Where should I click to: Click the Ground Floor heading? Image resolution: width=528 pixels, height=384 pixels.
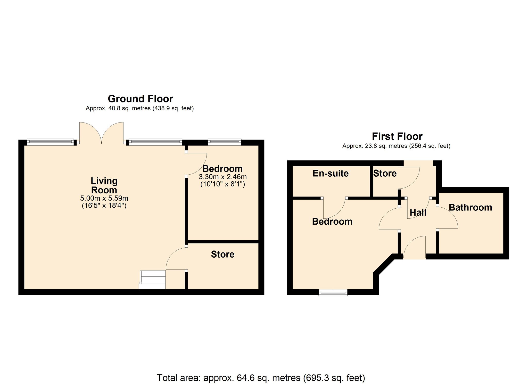[140, 99]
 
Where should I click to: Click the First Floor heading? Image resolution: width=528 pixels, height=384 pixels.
[397, 136]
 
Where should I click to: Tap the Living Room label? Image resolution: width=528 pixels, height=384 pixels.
[104, 185]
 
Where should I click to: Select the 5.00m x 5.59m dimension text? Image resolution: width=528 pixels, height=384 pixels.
[104, 198]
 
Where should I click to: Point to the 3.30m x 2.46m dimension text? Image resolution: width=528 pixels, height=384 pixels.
[223, 177]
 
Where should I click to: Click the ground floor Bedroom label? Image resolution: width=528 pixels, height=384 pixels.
[222, 169]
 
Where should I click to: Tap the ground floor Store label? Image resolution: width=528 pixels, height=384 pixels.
[223, 254]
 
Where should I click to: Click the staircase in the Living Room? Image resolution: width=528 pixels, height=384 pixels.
[152, 280]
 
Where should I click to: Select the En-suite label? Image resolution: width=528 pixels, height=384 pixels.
[331, 173]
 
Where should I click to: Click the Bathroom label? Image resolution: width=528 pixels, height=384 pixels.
[471, 207]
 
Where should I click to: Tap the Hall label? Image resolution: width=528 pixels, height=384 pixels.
[418, 213]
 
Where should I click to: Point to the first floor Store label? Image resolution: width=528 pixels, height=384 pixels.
[385, 173]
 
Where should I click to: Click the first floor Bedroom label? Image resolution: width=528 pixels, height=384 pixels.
[332, 222]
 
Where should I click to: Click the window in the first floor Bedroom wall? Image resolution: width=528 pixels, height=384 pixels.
[333, 292]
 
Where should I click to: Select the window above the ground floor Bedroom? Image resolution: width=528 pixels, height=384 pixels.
[225, 142]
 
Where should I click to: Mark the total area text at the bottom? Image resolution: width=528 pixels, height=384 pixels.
[261, 378]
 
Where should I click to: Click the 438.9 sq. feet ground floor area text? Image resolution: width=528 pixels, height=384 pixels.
[173, 108]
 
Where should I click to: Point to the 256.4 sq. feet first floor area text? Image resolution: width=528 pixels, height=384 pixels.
[430, 146]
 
